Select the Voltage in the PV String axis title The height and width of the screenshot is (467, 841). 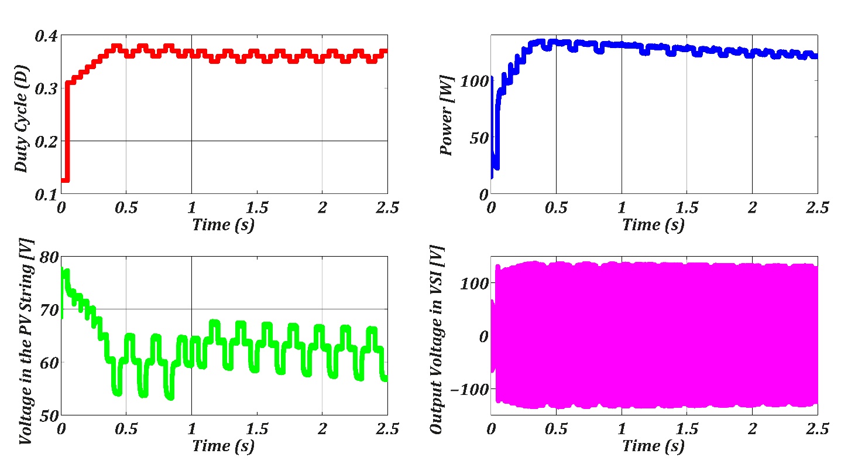click(x=26, y=341)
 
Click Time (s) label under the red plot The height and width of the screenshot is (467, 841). click(x=224, y=224)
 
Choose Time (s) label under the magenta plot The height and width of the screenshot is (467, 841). click(x=653, y=446)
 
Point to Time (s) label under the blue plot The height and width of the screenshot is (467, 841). click(x=653, y=224)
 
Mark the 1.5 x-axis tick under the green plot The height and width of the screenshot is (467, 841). click(x=256, y=429)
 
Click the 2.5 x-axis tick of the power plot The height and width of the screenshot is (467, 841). click(x=817, y=207)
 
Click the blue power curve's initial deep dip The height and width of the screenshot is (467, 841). click(x=496, y=158)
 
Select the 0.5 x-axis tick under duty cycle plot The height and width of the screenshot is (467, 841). click(x=126, y=207)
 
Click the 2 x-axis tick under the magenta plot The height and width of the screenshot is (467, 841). click(x=752, y=429)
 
